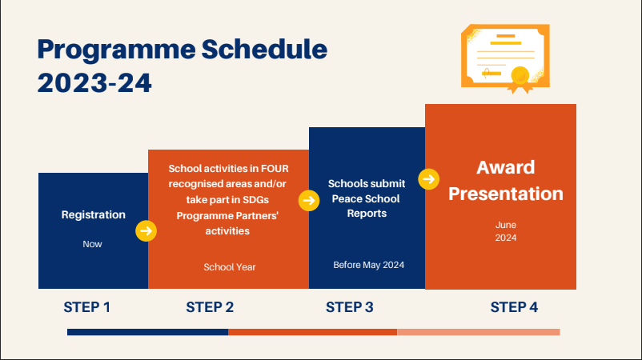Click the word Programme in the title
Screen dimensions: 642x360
(x=116, y=50)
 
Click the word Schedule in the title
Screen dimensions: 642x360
(x=264, y=49)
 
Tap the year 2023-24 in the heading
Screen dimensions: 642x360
(x=94, y=82)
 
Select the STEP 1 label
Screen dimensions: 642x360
(x=86, y=307)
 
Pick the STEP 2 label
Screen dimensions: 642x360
(x=210, y=307)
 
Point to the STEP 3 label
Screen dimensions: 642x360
(x=350, y=307)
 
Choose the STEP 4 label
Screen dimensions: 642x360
(x=514, y=307)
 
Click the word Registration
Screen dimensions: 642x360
(x=94, y=215)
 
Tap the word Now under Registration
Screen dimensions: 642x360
(x=92, y=244)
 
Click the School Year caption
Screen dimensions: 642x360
(x=229, y=267)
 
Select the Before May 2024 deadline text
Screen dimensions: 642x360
(x=368, y=265)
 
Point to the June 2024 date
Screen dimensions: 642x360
(x=506, y=231)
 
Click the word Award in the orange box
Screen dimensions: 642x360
(x=506, y=167)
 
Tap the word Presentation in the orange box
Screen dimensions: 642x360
(x=506, y=194)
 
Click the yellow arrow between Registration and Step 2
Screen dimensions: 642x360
(x=146, y=231)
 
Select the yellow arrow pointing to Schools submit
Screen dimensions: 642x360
(x=309, y=201)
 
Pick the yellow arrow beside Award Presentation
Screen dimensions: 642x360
(x=429, y=179)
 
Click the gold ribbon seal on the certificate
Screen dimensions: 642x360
(x=520, y=79)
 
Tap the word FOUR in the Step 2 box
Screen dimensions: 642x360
(x=275, y=169)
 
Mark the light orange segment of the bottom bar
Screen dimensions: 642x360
(x=478, y=332)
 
